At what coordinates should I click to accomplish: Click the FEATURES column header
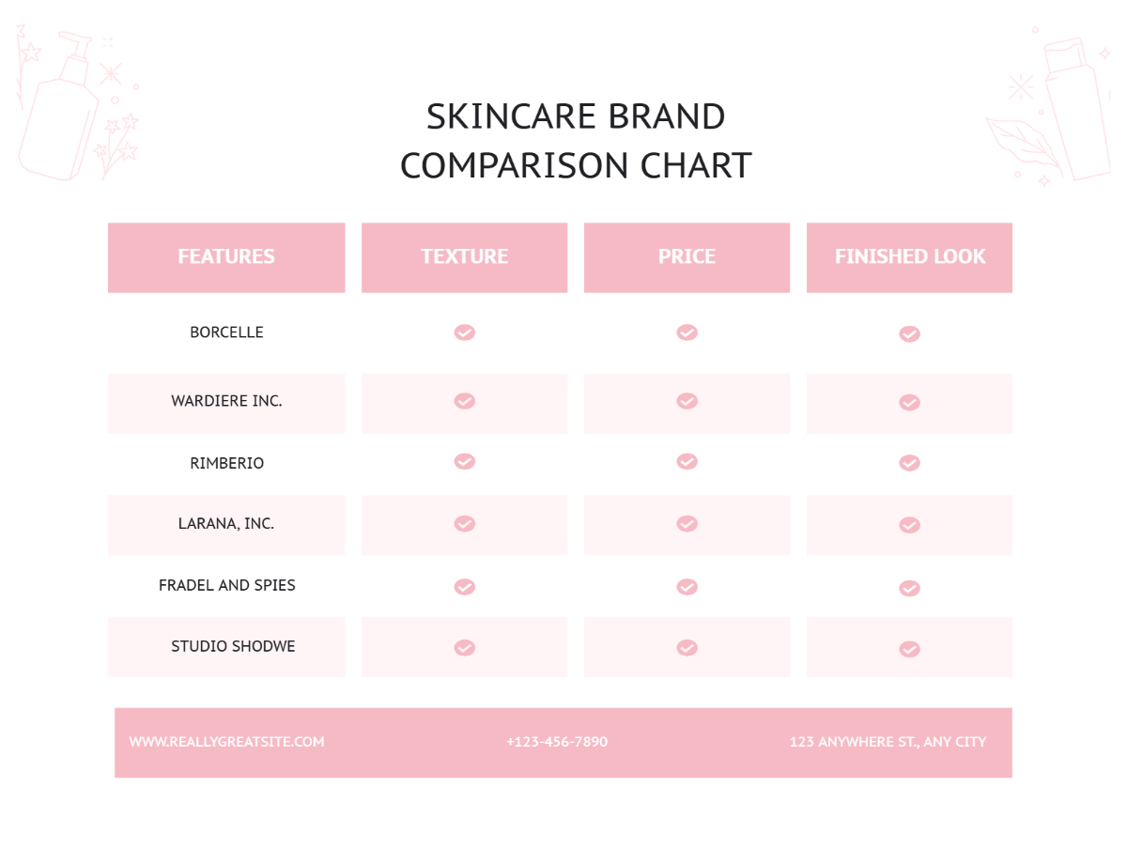226,256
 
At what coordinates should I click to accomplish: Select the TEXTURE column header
464,256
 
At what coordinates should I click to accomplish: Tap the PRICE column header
687,256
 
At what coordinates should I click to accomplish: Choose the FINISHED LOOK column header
909,256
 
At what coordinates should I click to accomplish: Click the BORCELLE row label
226,332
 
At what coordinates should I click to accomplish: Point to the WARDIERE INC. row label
226,401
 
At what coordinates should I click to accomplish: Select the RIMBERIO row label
226,463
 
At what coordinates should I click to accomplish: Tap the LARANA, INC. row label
226,524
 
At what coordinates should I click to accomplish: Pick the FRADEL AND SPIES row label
226,585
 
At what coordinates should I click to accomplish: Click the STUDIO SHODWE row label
233,646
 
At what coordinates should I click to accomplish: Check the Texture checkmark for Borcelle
464,332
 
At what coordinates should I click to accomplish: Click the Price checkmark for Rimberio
687,461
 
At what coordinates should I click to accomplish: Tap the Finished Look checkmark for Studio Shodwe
909,649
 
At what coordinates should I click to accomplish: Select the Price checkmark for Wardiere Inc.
687,401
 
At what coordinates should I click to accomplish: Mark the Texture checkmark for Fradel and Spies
464,587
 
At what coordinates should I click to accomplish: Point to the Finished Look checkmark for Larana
909,525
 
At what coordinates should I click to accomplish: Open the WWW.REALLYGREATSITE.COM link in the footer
226,742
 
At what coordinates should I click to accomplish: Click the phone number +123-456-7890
557,742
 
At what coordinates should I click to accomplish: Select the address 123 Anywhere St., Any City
888,742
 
